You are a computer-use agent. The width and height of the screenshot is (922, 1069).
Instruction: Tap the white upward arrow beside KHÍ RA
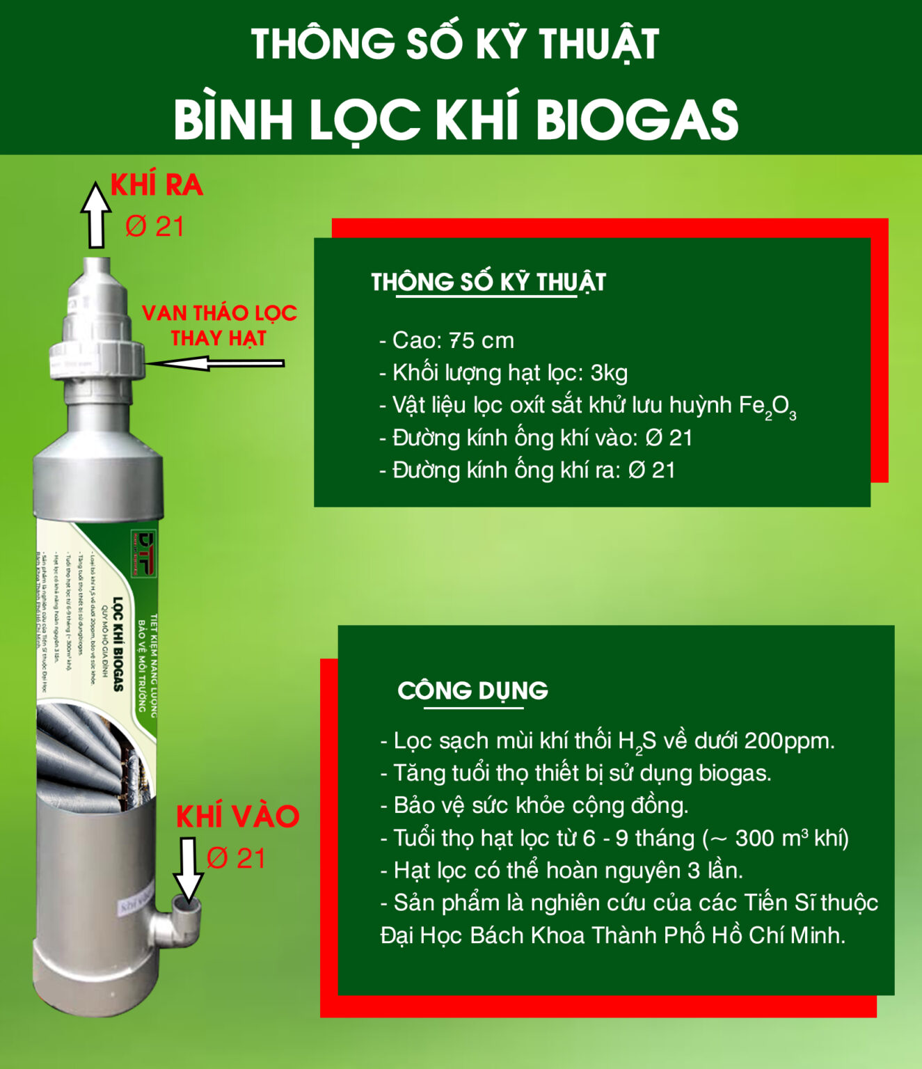coord(95,215)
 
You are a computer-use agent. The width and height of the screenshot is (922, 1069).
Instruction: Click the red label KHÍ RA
coord(157,185)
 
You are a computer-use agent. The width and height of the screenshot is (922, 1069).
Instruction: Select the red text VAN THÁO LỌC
coord(219,313)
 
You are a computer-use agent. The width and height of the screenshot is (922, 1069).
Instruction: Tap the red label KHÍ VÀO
coord(237,816)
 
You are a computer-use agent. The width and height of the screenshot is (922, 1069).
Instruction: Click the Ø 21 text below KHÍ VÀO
coord(236,858)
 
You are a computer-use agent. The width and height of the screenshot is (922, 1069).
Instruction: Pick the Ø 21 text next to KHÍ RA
coord(154,227)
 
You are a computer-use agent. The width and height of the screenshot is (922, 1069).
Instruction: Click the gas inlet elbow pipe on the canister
coord(180,922)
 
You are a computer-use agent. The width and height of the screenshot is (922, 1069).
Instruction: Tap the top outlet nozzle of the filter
coord(97,268)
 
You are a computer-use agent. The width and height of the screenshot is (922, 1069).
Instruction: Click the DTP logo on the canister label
coord(144,553)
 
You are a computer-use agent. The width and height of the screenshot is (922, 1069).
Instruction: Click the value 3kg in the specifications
coord(609,373)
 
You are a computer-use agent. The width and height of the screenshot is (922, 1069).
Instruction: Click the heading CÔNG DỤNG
coord(472,690)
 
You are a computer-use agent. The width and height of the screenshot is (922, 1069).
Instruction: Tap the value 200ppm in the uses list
coord(788,741)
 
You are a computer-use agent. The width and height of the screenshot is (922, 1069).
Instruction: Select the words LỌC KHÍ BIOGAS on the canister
coord(118,644)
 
